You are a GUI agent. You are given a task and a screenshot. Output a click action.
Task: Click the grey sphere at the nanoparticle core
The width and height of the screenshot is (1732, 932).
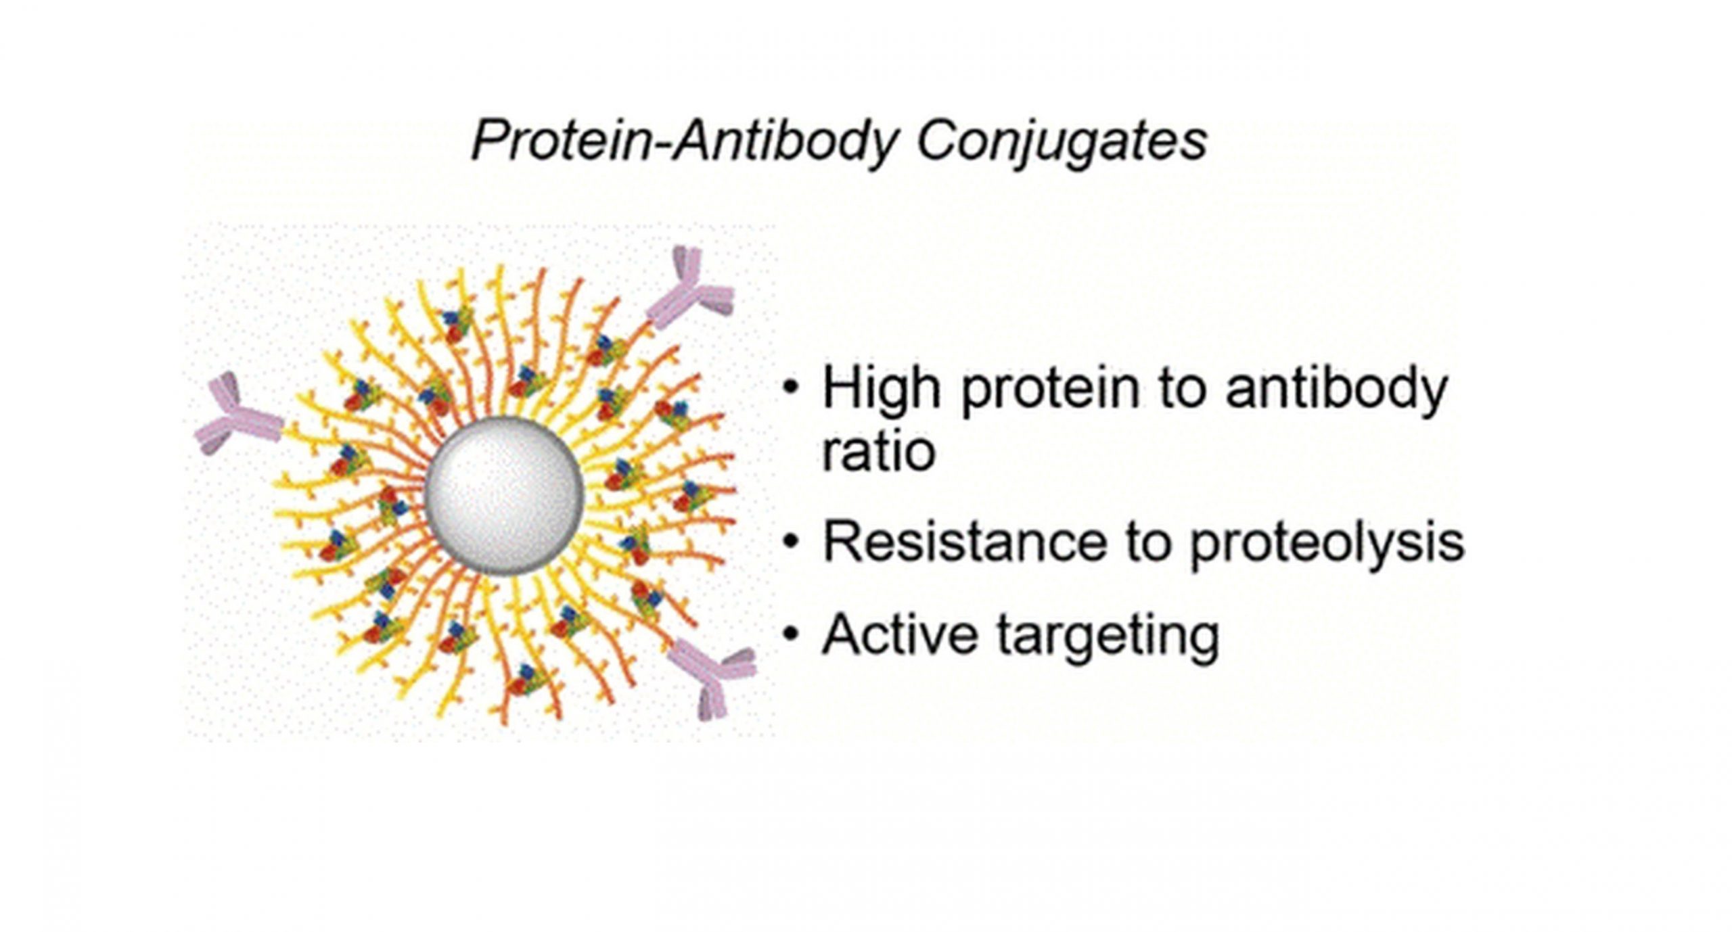504,496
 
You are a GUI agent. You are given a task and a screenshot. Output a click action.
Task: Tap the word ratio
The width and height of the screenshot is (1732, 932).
878,451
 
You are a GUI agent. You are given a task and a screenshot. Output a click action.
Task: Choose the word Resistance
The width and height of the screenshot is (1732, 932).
963,542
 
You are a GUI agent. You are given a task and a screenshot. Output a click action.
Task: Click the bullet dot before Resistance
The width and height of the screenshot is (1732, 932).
790,542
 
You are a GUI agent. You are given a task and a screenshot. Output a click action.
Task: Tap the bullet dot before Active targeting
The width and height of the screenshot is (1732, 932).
790,634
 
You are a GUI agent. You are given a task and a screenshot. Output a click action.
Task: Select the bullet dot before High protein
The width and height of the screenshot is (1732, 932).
790,388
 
